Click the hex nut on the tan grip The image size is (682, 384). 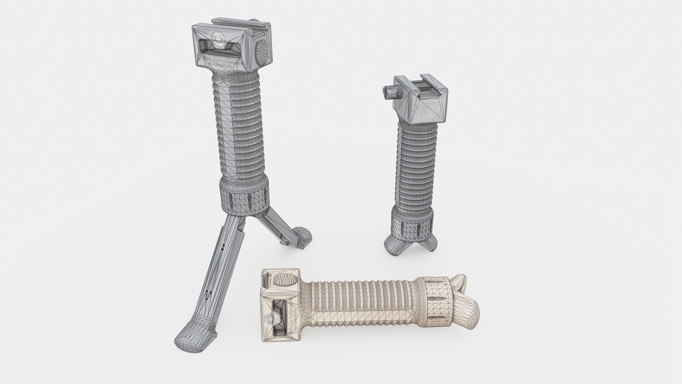point(270,319)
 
